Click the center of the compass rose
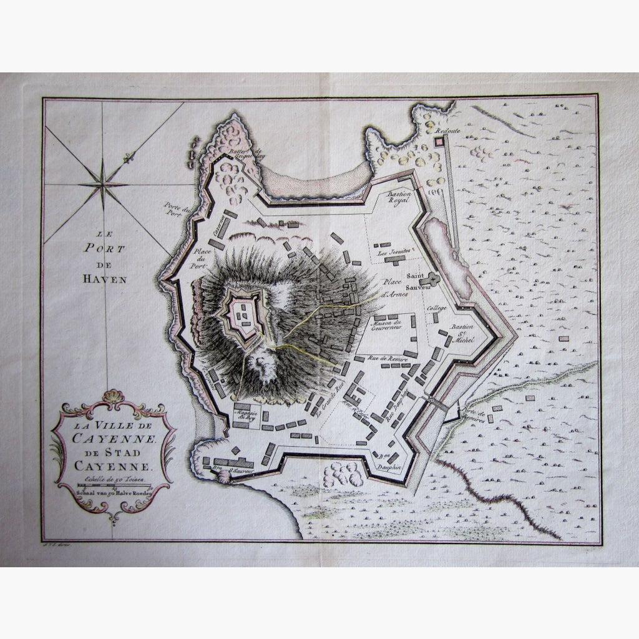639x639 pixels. click(x=104, y=182)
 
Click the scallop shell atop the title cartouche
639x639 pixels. click(x=113, y=397)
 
